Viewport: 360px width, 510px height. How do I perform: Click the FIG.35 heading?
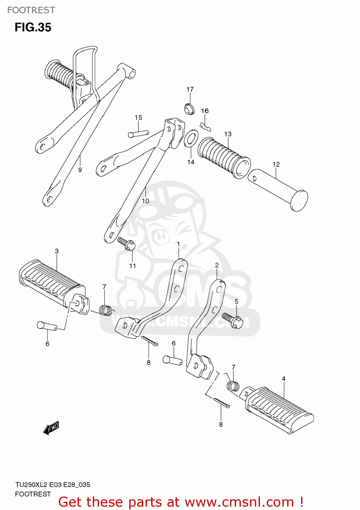click(x=33, y=27)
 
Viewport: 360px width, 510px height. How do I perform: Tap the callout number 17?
click(x=190, y=89)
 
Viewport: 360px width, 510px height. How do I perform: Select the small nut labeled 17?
click(x=190, y=109)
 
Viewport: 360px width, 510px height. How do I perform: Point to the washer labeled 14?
click(x=191, y=139)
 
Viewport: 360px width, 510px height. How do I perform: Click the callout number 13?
click(x=228, y=134)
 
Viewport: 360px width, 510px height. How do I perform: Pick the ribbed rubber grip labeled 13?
click(x=223, y=157)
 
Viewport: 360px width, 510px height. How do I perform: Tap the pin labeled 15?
click(x=138, y=134)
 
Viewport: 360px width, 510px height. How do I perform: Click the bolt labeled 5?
click(x=233, y=320)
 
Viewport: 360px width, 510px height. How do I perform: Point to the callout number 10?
click(x=145, y=201)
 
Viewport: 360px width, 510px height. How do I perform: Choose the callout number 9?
click(x=80, y=170)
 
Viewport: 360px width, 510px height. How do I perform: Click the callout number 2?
click(x=217, y=265)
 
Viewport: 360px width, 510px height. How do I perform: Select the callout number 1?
click(x=178, y=244)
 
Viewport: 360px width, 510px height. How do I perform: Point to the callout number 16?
click(x=205, y=111)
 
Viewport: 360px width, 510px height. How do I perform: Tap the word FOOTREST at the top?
click(x=31, y=10)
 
